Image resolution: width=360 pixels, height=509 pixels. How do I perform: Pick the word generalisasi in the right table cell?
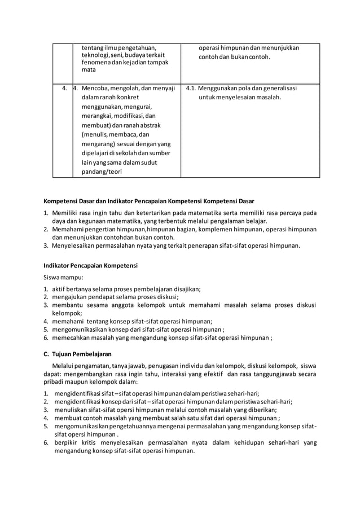(x=277, y=88)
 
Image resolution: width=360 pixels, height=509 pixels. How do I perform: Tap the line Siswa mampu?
(x=63, y=277)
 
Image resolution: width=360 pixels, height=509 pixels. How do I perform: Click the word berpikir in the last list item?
(x=65, y=443)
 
